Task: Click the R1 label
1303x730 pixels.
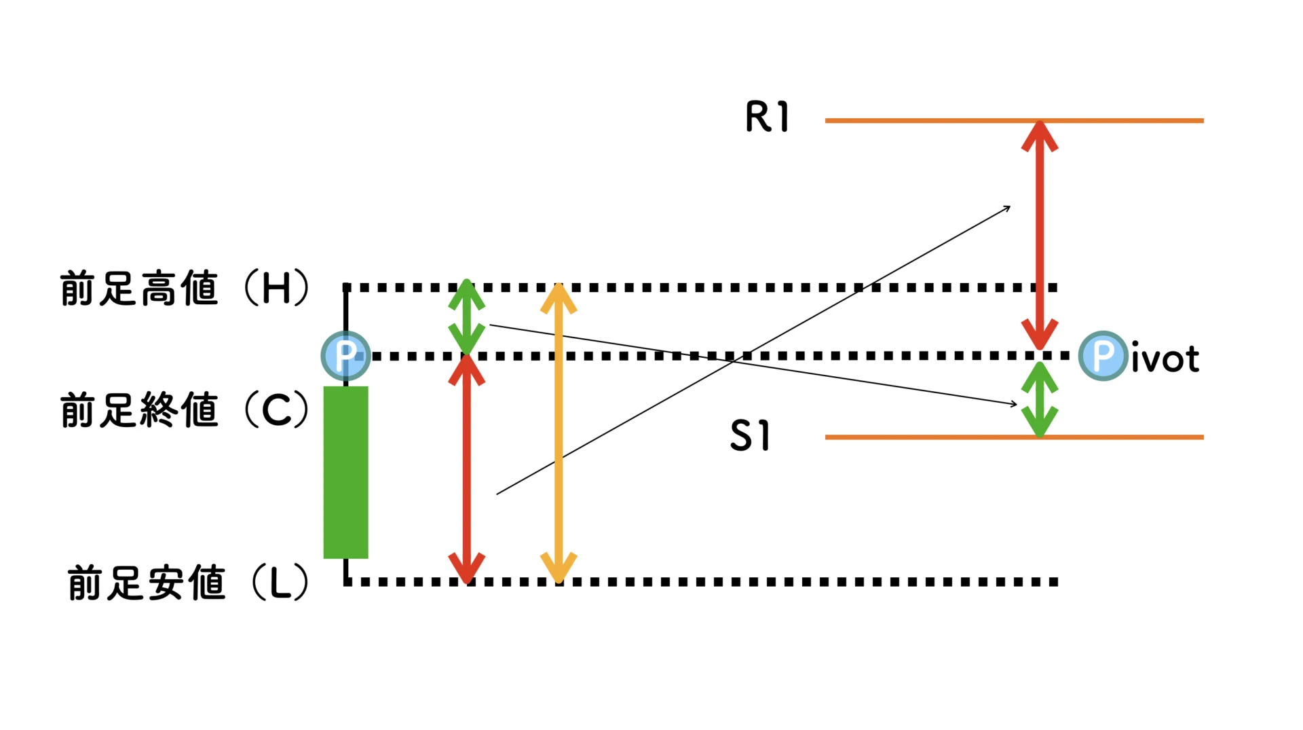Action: pos(767,117)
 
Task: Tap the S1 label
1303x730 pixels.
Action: pos(750,435)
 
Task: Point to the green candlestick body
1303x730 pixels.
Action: pos(345,473)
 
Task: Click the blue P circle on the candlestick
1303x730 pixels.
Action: pos(345,355)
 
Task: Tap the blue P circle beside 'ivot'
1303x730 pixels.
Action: pos(1103,355)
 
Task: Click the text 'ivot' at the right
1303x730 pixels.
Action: pos(1165,358)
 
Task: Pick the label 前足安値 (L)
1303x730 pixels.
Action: pos(189,583)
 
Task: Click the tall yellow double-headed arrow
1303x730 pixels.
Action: pos(559,435)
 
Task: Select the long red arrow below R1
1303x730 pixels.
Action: pos(1040,234)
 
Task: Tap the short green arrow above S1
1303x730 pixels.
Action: pos(1040,399)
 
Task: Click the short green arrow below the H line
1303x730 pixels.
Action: pos(467,317)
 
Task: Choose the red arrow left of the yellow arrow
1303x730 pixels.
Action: pos(467,469)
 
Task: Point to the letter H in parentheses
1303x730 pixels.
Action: pos(276,288)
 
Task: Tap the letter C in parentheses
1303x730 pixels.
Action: pos(276,410)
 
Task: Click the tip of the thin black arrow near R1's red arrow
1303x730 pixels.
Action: pos(1010,207)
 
